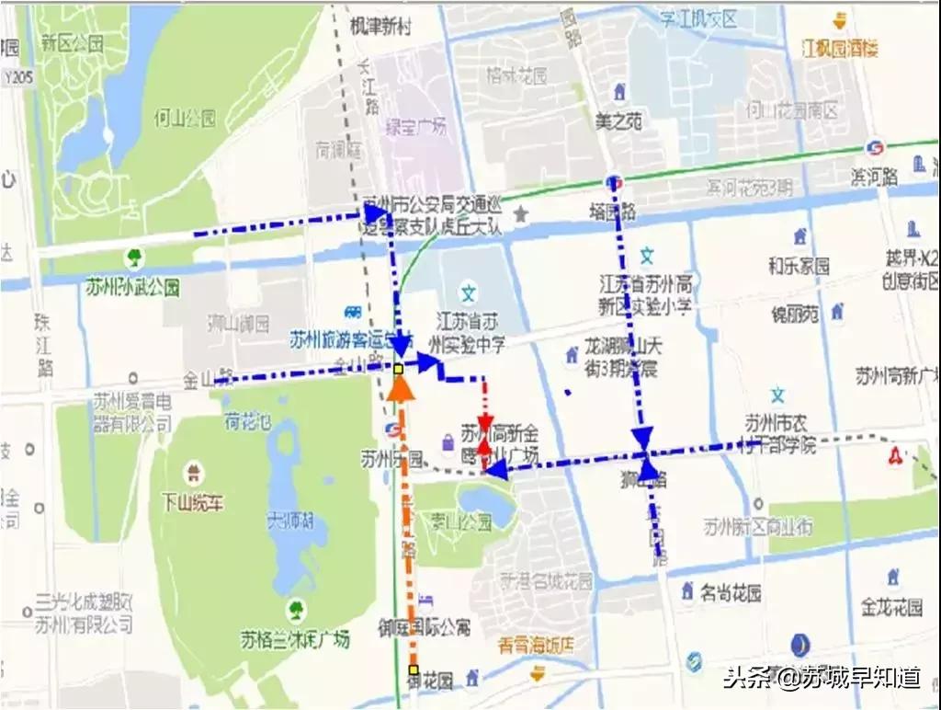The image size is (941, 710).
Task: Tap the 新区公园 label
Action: tap(72, 43)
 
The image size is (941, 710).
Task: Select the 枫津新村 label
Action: tap(380, 28)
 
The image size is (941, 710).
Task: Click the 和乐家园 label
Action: tap(799, 266)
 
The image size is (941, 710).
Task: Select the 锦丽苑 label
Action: tap(794, 315)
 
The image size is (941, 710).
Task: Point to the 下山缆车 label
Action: tap(194, 503)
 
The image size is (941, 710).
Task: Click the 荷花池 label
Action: tap(248, 422)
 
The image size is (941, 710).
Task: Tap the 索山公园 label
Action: tap(459, 521)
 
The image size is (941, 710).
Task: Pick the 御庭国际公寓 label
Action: tap(424, 627)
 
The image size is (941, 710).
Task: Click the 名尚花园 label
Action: tap(731, 593)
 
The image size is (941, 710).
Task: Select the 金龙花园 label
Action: tap(890, 608)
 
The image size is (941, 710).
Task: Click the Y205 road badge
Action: tap(17, 77)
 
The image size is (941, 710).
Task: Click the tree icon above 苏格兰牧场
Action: tap(296, 609)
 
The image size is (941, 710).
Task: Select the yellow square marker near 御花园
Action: tap(414, 670)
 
